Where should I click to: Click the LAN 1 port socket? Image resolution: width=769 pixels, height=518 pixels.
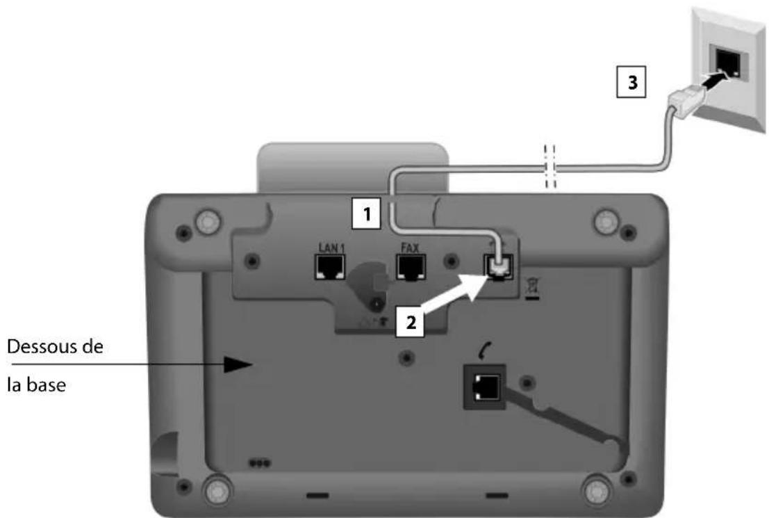click(x=328, y=267)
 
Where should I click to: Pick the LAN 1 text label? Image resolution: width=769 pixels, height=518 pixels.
click(x=328, y=245)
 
